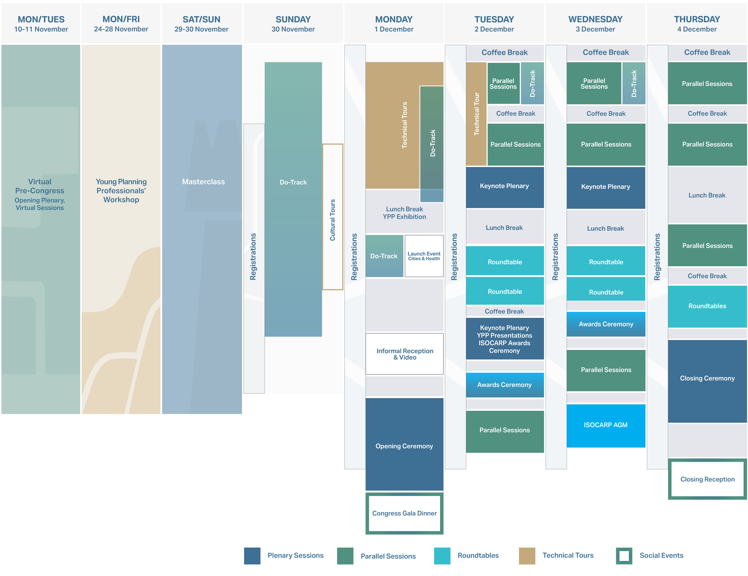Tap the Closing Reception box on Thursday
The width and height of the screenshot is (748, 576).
707,479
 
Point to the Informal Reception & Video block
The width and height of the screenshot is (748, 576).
404,354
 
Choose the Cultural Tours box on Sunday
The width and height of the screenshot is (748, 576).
332,219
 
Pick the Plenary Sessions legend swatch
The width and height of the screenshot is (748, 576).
252,555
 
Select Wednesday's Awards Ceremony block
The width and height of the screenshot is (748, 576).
606,324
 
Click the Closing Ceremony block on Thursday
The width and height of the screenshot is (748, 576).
707,378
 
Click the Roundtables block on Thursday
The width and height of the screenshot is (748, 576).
707,306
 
